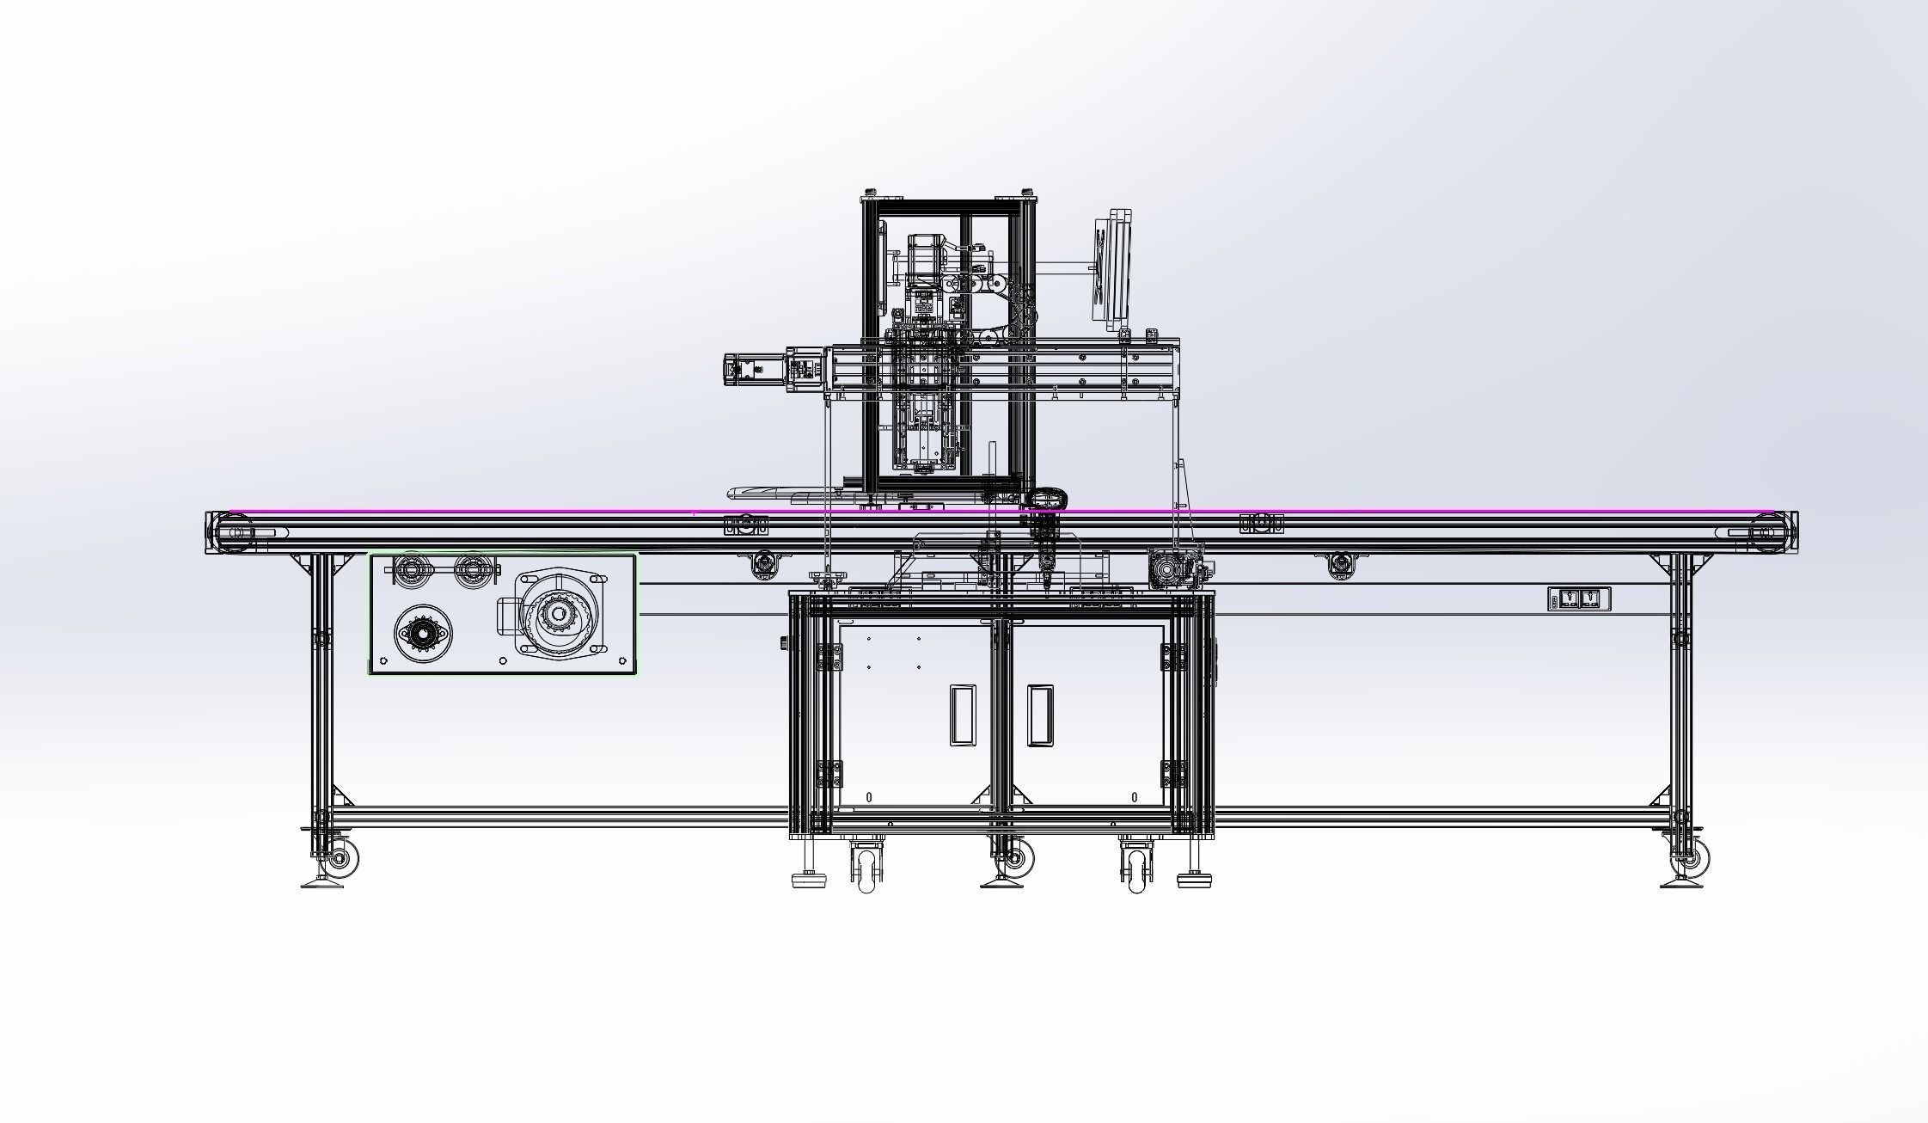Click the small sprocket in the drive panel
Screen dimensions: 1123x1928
click(421, 633)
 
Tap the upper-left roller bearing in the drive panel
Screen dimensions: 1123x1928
click(412, 568)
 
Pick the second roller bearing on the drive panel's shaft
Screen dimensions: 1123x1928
click(472, 568)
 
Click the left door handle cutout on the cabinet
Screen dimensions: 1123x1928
click(963, 715)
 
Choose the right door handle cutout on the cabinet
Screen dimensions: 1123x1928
click(1040, 715)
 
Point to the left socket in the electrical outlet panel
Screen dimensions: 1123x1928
click(1569, 599)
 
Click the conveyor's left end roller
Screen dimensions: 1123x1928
click(232, 532)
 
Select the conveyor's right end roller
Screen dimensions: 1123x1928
click(1769, 532)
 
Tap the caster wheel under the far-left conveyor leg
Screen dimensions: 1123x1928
click(342, 859)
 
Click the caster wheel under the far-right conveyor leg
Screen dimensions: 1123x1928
click(1694, 857)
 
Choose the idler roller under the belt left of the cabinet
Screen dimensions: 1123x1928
click(763, 565)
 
